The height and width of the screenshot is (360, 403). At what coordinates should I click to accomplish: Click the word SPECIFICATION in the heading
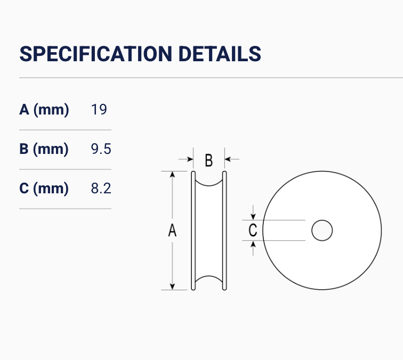95,54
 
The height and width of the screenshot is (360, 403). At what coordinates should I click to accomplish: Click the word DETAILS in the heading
220,54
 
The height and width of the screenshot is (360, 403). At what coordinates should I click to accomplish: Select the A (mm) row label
44,110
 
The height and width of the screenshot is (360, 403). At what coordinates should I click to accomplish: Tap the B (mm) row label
44,149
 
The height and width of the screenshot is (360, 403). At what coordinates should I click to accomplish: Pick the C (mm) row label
44,188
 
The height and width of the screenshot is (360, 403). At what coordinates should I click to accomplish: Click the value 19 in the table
99,110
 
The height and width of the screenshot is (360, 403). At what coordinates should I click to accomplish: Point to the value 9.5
101,149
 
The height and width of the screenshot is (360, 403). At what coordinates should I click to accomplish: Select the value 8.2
101,188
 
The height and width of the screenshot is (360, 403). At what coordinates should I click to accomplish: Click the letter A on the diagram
173,231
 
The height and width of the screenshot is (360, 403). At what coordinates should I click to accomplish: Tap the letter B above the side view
209,160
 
